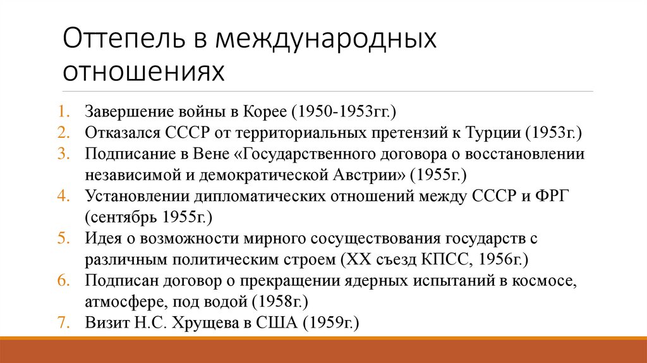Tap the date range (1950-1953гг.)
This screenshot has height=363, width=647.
click(343, 112)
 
